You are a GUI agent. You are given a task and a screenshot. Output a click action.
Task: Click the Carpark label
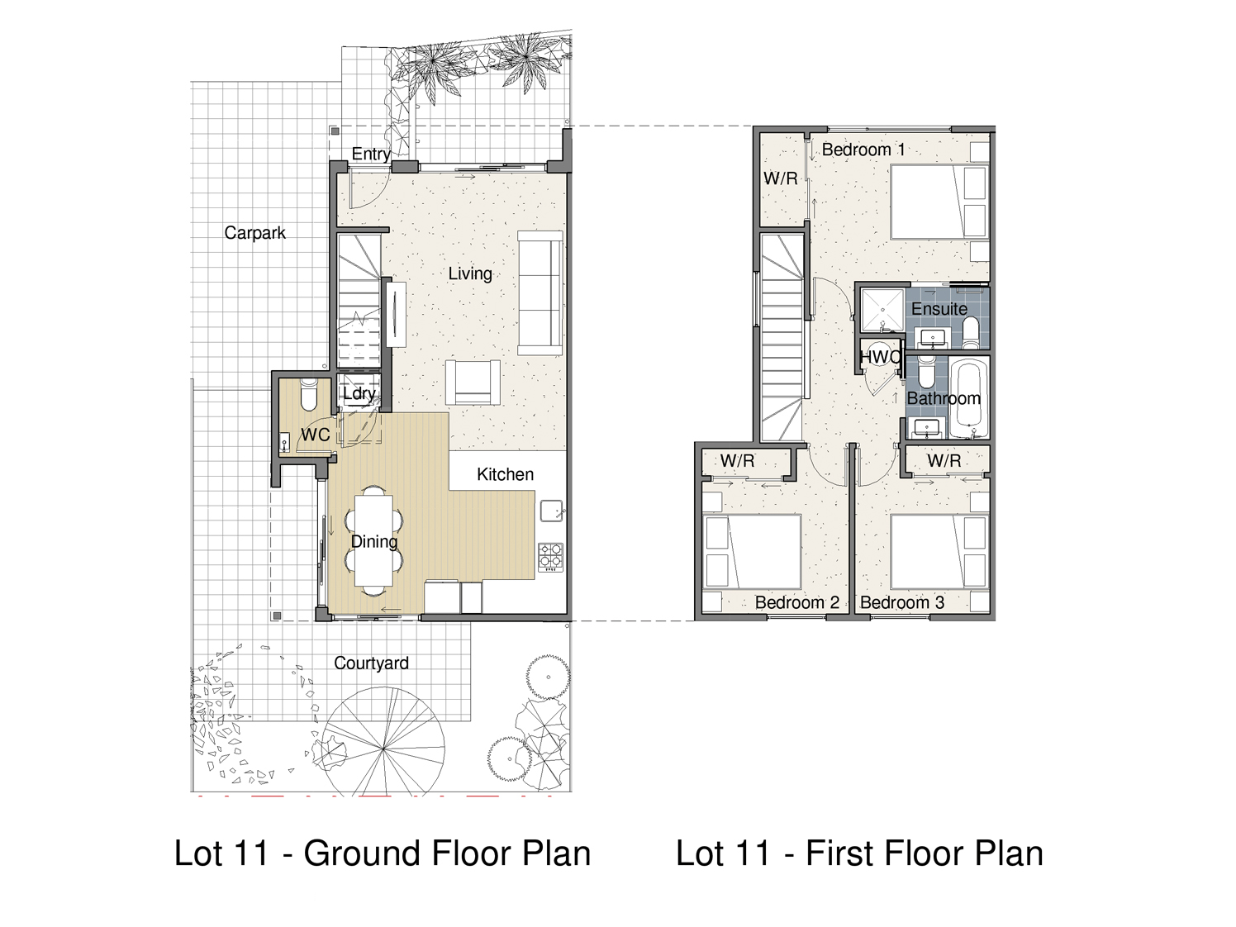click(254, 233)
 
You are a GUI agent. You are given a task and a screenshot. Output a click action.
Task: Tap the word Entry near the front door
click(371, 154)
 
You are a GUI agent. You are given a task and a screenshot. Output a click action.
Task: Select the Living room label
click(470, 273)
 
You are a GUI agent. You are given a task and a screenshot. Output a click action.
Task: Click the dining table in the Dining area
click(374, 540)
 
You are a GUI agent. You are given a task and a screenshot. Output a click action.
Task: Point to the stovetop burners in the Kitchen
click(551, 556)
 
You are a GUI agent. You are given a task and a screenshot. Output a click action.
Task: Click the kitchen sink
click(552, 511)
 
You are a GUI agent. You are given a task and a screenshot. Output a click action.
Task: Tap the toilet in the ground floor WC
click(309, 394)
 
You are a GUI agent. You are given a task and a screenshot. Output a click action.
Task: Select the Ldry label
click(359, 393)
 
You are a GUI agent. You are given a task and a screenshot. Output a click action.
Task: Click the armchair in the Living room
click(473, 383)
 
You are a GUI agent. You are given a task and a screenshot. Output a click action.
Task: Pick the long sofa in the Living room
click(540, 292)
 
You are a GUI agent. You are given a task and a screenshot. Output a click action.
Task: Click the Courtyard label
click(371, 663)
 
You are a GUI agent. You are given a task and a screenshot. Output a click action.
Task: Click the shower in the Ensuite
click(882, 310)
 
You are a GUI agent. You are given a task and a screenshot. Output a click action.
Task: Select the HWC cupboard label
click(881, 357)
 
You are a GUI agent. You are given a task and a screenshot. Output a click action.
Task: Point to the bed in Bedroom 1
click(939, 202)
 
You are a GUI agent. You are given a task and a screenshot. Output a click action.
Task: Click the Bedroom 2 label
click(796, 602)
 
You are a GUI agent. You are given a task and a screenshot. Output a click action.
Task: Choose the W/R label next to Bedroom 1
click(781, 178)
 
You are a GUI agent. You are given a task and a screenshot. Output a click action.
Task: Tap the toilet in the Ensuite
click(971, 332)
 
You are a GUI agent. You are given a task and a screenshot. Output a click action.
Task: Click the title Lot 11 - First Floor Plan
click(859, 853)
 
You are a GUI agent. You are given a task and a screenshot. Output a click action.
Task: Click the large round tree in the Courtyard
click(383, 749)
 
